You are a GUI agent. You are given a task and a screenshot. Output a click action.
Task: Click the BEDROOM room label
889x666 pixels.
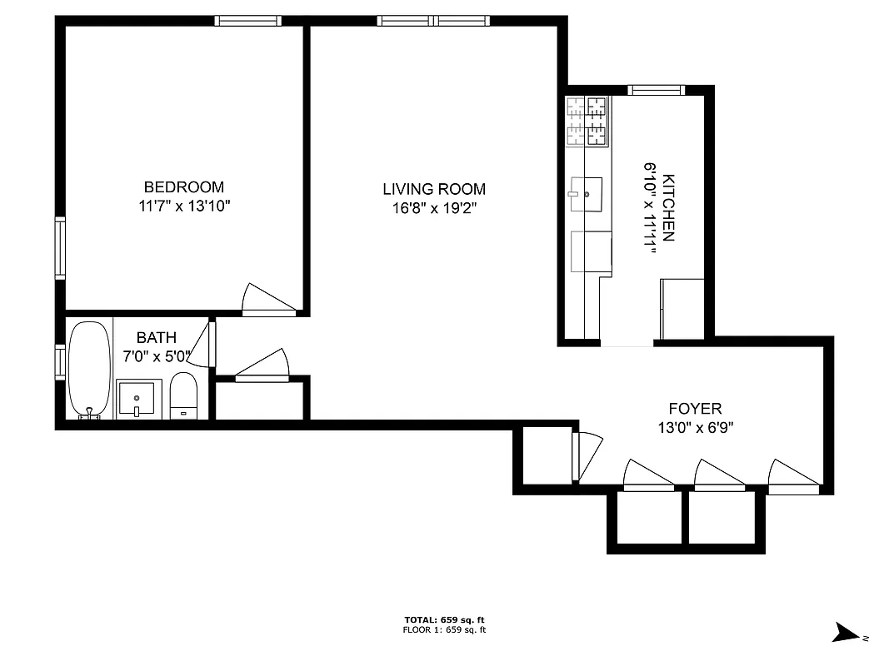click(x=183, y=187)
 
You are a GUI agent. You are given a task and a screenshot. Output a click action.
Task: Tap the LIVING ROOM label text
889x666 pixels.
click(x=433, y=189)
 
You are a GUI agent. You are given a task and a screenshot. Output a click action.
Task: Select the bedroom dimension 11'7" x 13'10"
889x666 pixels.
click(x=183, y=206)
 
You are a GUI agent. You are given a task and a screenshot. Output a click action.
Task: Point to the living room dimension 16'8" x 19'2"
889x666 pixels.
click(x=433, y=207)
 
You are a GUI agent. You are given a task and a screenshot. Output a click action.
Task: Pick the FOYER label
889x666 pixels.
click(x=695, y=409)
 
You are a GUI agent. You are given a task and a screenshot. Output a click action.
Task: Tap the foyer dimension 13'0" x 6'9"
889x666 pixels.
click(x=695, y=427)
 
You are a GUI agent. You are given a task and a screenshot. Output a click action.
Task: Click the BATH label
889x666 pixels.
click(x=157, y=338)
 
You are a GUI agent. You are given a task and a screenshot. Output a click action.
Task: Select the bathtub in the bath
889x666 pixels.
click(x=89, y=370)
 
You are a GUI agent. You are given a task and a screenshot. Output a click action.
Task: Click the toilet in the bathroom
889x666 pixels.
click(x=183, y=396)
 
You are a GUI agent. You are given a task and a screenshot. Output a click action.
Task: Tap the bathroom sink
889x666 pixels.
click(x=137, y=399)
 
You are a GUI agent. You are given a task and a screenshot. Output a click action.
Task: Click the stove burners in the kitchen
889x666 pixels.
click(x=587, y=122)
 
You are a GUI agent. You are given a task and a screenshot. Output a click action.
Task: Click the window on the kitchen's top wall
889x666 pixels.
click(x=656, y=90)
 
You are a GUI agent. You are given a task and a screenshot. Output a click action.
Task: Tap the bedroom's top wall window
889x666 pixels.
click(x=247, y=21)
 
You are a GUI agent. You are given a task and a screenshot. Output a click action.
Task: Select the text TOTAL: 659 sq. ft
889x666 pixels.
click(x=444, y=620)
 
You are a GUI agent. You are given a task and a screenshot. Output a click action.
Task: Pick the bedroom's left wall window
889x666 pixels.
click(x=60, y=247)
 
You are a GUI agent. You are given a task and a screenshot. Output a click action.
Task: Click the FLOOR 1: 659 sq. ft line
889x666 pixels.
click(x=444, y=630)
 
